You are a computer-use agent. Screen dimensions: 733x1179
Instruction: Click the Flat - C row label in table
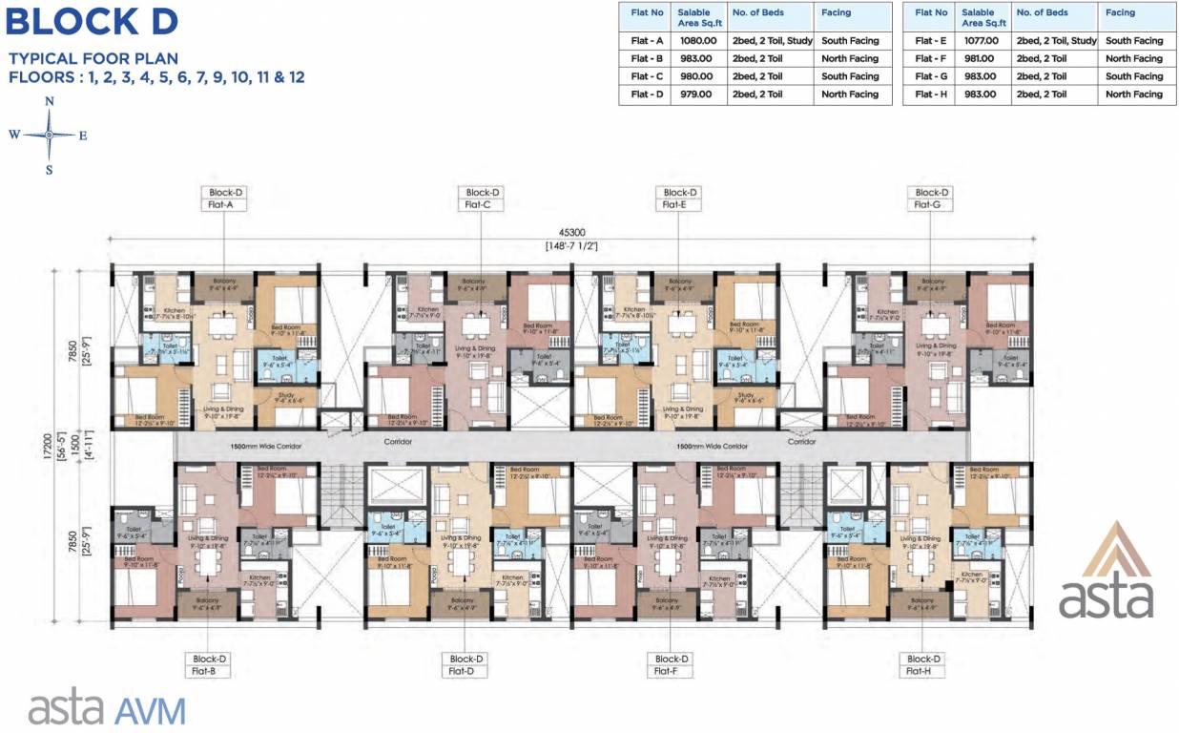pos(648,76)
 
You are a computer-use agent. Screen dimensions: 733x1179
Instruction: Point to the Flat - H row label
pos(931,94)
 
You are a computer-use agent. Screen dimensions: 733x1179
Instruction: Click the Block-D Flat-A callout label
pos(223,198)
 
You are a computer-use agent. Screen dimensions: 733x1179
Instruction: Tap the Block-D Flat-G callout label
pos(931,198)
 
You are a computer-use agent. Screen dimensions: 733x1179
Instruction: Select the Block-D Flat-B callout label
pos(210,664)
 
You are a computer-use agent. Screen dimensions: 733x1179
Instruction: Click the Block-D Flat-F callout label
pos(672,664)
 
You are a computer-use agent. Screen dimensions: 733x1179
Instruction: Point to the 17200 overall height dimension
pos(60,445)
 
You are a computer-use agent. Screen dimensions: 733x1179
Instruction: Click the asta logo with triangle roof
pos(1106,572)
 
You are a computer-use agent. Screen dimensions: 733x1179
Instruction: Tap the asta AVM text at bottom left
pos(107,709)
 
